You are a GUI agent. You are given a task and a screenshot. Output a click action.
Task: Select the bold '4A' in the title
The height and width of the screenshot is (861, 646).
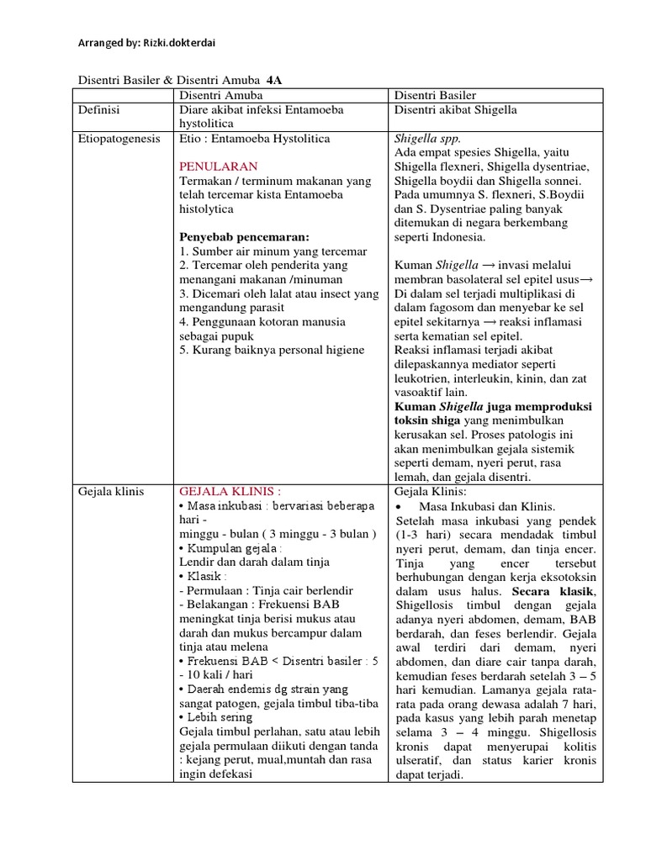pos(275,81)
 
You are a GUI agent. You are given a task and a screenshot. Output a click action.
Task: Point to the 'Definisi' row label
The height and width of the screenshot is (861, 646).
pos(99,109)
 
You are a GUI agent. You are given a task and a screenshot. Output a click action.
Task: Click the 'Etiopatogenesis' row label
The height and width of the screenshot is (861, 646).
pos(119,138)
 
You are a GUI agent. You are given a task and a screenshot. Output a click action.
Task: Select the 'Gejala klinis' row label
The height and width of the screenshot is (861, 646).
pos(111,491)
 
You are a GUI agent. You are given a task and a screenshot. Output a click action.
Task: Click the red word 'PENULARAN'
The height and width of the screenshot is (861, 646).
pos(219,166)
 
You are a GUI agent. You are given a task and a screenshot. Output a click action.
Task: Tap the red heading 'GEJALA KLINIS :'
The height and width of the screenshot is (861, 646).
pos(230,491)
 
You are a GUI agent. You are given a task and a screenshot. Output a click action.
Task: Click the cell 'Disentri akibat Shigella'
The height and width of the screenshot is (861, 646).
pos(455,109)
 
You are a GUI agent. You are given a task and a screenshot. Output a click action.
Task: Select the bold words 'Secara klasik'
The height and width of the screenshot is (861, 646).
pos(557,593)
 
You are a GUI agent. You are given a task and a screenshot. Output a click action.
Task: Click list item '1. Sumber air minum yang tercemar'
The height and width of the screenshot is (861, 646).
pos(273,251)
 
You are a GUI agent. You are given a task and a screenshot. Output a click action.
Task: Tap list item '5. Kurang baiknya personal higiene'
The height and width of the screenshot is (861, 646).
pos(272,351)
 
